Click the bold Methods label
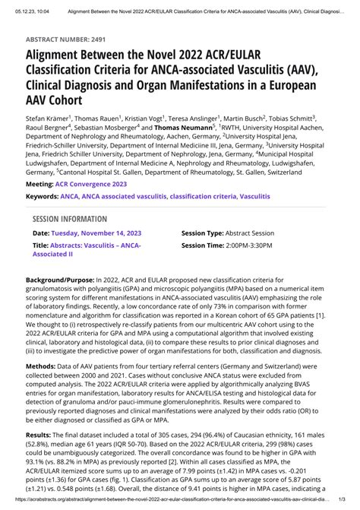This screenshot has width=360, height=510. (x=41, y=388)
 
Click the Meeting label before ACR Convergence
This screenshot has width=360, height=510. (x=39, y=184)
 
